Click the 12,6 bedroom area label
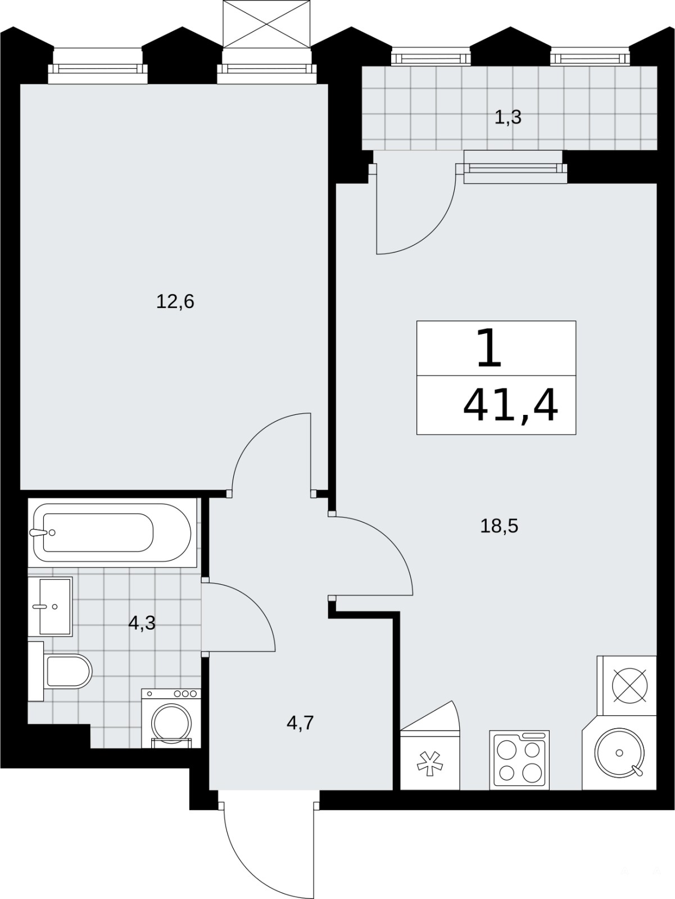tap(175, 302)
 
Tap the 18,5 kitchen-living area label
tap(499, 526)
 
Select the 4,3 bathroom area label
tap(142, 624)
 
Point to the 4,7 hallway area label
tap(300, 723)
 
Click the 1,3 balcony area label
tap(508, 118)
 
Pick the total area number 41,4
tap(510, 405)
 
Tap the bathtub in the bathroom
tap(112, 532)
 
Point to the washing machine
tap(171, 718)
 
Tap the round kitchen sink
tap(619, 752)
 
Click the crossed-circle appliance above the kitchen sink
tap(629, 685)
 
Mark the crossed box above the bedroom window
tap(266, 23)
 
